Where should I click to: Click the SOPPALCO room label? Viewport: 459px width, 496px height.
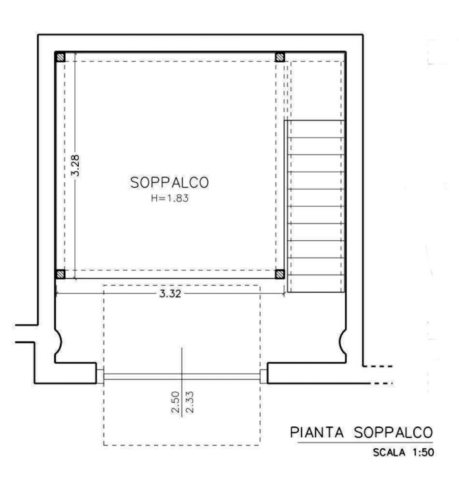click(169, 183)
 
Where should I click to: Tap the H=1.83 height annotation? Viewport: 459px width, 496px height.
click(170, 198)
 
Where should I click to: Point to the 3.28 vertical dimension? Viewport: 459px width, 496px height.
click(76, 165)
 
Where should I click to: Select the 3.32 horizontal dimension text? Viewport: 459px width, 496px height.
click(170, 294)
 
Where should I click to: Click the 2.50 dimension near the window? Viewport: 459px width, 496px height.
click(175, 402)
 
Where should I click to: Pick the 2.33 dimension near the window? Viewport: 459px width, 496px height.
click(190, 402)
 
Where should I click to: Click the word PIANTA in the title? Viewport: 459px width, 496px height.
click(317, 433)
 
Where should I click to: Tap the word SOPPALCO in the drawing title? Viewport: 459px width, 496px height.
click(393, 433)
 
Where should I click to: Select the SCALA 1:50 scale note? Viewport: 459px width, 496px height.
click(403, 452)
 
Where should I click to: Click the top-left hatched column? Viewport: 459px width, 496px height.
click(61, 57)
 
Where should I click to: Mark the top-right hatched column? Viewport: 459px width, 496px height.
click(280, 57)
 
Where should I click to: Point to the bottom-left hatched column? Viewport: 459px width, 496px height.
click(61, 274)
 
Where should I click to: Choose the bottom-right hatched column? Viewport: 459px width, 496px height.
click(280, 274)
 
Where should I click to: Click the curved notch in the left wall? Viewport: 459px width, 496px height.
click(59, 342)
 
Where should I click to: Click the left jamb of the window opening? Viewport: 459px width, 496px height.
click(100, 377)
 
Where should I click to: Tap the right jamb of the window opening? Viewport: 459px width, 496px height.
click(263, 377)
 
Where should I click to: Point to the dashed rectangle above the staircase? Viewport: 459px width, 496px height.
click(316, 91)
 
